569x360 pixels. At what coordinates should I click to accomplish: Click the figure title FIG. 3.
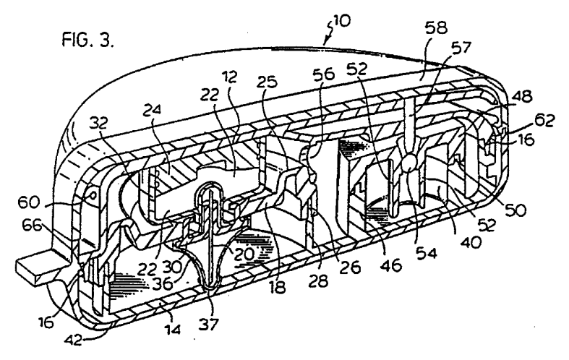click(x=88, y=39)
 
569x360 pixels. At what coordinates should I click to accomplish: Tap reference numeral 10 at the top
click(x=341, y=20)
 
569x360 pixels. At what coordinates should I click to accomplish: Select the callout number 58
click(x=435, y=27)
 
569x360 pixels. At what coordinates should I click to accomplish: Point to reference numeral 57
click(x=460, y=48)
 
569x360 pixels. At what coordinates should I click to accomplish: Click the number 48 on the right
click(x=521, y=97)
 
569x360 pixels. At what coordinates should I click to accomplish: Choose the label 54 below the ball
click(x=426, y=253)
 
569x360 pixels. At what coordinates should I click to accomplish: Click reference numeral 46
click(x=391, y=265)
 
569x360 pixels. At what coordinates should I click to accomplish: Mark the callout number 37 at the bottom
click(x=209, y=324)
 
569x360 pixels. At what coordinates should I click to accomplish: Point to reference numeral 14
click(x=172, y=329)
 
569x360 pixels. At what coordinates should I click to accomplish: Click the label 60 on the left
click(x=29, y=202)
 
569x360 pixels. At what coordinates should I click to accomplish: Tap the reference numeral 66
click(x=33, y=226)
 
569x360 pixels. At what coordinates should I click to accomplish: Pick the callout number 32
click(x=99, y=124)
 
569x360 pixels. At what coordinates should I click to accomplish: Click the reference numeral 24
click(x=153, y=109)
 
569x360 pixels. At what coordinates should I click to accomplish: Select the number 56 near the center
click(x=324, y=74)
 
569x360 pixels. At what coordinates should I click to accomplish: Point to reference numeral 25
click(x=267, y=82)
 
